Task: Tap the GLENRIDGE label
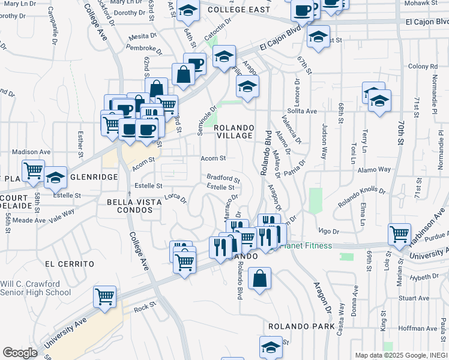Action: pyautogui.click(x=89, y=177)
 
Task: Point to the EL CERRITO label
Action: pyautogui.click(x=70, y=263)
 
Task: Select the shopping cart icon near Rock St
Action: pyautogui.click(x=105, y=296)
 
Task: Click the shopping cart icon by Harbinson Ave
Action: pyautogui.click(x=400, y=234)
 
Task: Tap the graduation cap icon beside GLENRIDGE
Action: pyautogui.click(x=55, y=177)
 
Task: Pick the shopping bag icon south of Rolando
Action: pyautogui.click(x=259, y=278)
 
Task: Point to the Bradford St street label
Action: pyautogui.click(x=223, y=178)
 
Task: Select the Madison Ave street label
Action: pyautogui.click(x=31, y=152)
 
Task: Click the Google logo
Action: pyautogui.click(x=20, y=353)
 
